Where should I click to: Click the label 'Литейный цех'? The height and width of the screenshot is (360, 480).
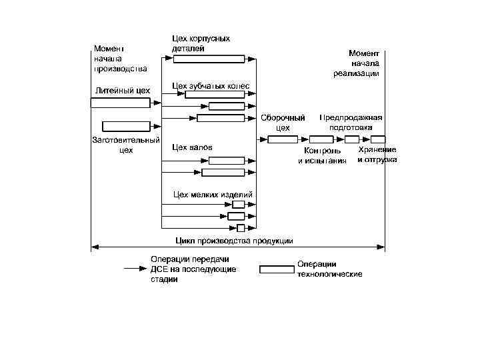tap(122, 91)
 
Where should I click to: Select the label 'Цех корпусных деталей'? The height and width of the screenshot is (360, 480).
tap(201, 43)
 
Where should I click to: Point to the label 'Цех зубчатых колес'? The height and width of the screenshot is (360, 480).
tap(210, 86)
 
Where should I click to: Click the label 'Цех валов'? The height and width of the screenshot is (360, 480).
tap(192, 147)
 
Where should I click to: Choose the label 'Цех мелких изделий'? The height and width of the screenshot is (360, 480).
tap(212, 194)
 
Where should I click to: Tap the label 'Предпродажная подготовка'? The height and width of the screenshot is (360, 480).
tap(351, 122)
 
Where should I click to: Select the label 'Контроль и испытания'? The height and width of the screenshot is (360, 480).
tap(322, 156)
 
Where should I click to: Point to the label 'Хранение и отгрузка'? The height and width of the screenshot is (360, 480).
tap(377, 155)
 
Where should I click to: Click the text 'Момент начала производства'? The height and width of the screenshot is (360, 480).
tap(120, 58)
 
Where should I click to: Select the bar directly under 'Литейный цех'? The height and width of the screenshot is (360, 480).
tap(121, 103)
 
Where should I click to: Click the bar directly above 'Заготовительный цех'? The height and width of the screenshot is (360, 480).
tap(126, 126)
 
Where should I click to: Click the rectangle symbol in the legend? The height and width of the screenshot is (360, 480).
tap(276, 269)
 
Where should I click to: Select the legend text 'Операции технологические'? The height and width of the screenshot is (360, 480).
tap(330, 269)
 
